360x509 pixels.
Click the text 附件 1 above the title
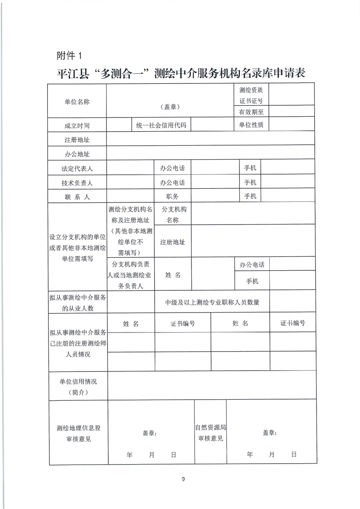coord(68,56)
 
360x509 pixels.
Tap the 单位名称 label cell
coord(77,102)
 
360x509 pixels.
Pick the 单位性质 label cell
coord(248,125)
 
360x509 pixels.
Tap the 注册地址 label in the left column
coord(77,140)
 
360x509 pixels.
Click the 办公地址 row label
coord(77,154)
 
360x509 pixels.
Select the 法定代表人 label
coord(77,169)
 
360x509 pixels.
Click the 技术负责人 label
coord(77,183)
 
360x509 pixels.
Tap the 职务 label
coord(172,196)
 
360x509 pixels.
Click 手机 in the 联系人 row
coord(250,196)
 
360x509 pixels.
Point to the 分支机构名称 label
coord(174,215)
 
